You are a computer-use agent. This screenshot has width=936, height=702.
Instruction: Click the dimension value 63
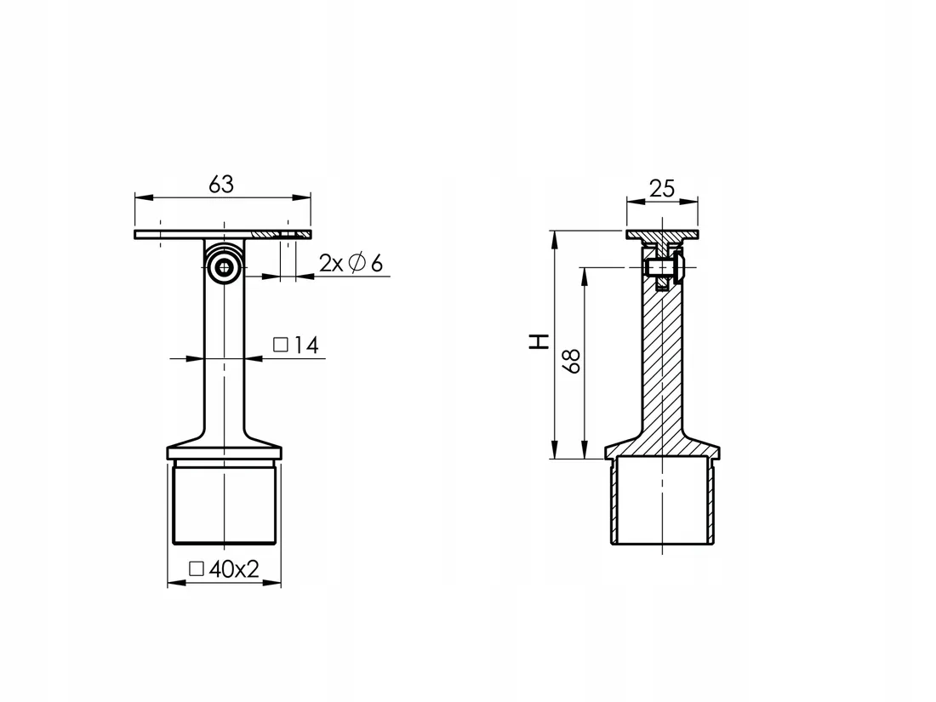coord(220,184)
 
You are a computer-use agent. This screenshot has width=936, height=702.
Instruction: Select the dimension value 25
coord(661,188)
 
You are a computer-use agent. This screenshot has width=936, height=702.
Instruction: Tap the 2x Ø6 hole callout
coord(351,264)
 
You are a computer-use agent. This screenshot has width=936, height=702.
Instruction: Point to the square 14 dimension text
coord(295,345)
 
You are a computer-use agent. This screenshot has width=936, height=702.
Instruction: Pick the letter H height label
coord(539,342)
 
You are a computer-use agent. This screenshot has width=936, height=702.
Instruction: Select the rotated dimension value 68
coord(573,361)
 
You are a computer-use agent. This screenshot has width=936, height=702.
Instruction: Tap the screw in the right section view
coord(665,269)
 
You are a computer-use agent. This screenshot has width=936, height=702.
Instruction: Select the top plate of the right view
coord(662,234)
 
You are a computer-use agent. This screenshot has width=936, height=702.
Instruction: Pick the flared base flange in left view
coord(224,448)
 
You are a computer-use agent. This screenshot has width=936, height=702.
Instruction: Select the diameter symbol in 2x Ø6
coord(357,264)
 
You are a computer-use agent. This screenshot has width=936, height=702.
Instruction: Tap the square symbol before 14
coord(280,345)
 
